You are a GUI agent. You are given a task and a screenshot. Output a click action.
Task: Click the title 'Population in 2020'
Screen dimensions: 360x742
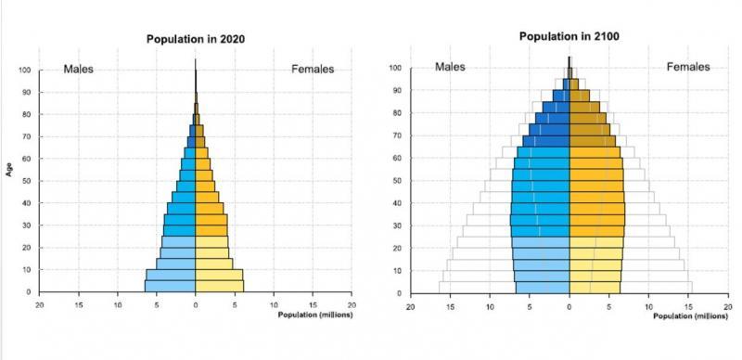(195, 39)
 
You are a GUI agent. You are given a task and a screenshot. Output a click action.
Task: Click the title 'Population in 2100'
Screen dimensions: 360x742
(568, 36)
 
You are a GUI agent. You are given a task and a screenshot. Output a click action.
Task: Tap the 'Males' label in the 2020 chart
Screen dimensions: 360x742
(79, 69)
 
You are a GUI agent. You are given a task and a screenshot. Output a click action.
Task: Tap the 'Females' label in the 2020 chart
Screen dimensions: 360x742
(313, 69)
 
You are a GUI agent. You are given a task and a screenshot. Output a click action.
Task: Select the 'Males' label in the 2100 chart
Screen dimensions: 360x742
(450, 67)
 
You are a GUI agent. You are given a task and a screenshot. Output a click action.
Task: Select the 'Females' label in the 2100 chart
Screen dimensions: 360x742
(687, 67)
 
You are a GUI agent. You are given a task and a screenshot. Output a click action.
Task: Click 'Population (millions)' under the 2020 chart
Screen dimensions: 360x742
(314, 315)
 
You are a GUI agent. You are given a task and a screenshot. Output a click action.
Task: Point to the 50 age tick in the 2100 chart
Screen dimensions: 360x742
(395, 181)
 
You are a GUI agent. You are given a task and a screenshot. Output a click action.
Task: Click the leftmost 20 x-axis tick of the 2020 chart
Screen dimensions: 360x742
(39, 303)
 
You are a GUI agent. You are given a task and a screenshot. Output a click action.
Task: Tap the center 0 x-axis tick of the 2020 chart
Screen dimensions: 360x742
(196, 303)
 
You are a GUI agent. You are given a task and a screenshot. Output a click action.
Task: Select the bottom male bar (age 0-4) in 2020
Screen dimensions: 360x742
(170, 286)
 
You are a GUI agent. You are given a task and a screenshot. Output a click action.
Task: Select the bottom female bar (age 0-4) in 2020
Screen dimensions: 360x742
(220, 286)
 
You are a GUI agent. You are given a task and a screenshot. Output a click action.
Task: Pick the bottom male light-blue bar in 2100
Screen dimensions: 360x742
(543, 288)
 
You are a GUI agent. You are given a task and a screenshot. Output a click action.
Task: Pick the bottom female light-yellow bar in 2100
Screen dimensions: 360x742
(595, 288)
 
